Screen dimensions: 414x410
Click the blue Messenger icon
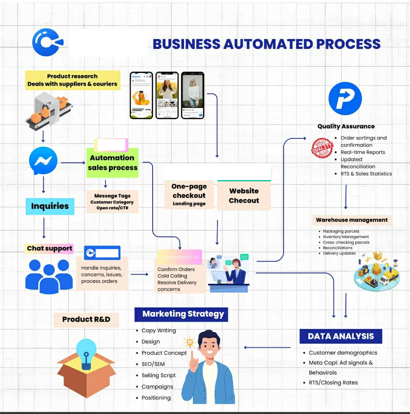(x=43, y=161)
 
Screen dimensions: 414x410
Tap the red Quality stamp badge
(x=322, y=148)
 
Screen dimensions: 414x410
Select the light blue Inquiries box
(x=50, y=206)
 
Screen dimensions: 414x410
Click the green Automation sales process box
(x=112, y=163)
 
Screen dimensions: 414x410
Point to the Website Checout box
(x=244, y=196)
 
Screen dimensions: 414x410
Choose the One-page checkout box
(x=189, y=194)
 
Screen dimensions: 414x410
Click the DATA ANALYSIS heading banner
(x=341, y=336)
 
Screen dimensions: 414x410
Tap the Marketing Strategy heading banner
(x=181, y=314)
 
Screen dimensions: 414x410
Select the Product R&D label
(x=86, y=320)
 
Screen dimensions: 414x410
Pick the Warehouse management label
(x=352, y=220)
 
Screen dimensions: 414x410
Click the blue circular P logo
(x=345, y=99)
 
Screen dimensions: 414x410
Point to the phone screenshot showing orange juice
(x=141, y=95)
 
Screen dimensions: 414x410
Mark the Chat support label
(x=49, y=249)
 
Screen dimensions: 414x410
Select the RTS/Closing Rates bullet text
(x=333, y=383)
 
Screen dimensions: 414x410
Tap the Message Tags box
(x=112, y=202)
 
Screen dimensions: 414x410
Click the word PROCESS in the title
(x=348, y=44)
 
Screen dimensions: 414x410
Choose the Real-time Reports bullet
(x=363, y=152)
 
